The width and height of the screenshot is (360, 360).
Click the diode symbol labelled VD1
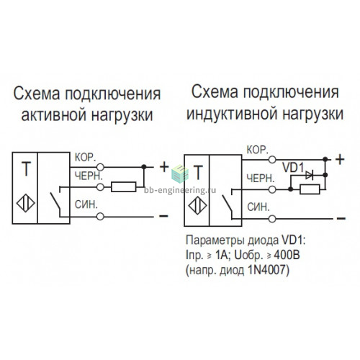tap(309, 176)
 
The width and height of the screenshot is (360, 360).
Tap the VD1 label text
tap(294, 167)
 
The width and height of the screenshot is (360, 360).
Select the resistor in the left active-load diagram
tap(123, 187)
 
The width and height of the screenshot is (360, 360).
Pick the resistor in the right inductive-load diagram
tap(310, 189)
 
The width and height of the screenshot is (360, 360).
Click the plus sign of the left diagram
tap(164, 167)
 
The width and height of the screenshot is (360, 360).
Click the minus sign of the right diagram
tap(341, 218)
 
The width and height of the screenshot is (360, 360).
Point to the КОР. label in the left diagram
tap(86, 158)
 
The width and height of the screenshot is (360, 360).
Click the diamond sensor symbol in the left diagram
tap(26, 203)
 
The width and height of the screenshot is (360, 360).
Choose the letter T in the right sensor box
tap(198, 173)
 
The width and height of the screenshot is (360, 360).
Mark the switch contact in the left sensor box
tap(56, 201)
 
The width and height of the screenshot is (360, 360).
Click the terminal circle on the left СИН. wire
tap(100, 217)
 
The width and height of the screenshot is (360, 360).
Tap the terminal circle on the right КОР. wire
tap(272, 160)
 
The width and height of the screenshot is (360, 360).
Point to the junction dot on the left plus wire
tap(143, 166)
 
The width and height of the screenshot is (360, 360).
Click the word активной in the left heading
tap(53, 115)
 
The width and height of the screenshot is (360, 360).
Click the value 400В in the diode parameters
tap(287, 256)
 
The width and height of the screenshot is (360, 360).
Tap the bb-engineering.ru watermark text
tap(180, 190)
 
